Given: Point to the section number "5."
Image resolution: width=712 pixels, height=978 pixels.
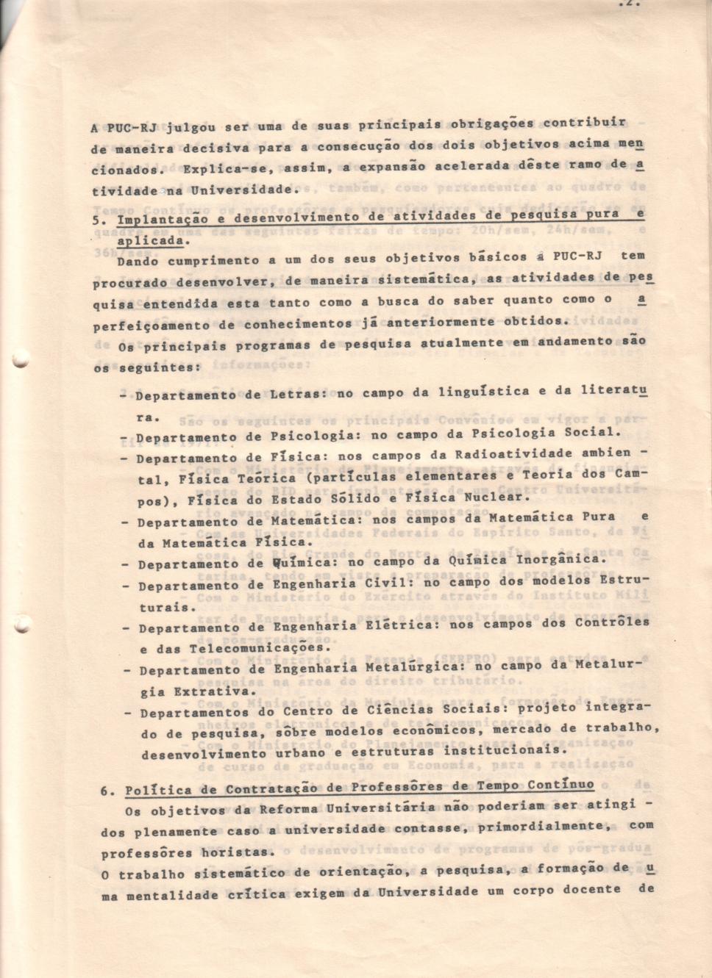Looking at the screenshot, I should (x=100, y=219).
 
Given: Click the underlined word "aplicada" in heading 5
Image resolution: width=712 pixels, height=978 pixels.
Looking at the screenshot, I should (x=149, y=240).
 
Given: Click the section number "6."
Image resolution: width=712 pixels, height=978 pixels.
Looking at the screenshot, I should (x=107, y=791).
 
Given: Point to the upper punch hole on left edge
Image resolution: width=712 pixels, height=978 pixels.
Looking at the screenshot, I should (x=19, y=359).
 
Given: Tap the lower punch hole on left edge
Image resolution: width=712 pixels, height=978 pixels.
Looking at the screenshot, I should (x=20, y=628).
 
